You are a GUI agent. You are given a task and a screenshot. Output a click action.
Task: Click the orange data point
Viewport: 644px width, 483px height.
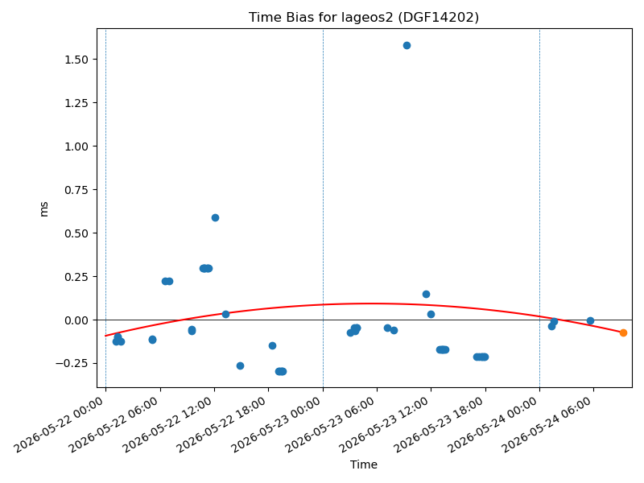coord(623,332)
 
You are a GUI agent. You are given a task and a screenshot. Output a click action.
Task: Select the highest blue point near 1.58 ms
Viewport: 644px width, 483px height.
coord(407,46)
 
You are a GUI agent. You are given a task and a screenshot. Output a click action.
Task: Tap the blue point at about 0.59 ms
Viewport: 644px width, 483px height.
coord(215,217)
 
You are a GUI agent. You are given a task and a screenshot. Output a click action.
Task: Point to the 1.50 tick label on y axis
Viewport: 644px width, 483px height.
coord(76,60)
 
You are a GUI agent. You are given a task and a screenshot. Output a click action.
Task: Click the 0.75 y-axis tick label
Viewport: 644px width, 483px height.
coord(76,190)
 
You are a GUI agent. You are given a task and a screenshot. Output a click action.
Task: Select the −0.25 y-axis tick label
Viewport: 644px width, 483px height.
coord(72,364)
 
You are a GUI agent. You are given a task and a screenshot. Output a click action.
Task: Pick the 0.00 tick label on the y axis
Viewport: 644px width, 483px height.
coord(76,320)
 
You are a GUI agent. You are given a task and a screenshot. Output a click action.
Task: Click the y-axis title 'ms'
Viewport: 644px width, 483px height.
coord(43,209)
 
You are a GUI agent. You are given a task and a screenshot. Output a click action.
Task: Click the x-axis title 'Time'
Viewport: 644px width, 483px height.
coord(364,464)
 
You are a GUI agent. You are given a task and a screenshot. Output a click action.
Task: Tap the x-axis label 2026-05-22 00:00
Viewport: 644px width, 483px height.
coord(59,425)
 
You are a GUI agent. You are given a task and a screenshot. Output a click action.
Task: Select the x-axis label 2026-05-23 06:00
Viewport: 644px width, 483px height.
coord(330,425)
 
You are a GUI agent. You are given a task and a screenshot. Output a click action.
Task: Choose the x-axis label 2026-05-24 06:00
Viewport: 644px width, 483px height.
coord(547,425)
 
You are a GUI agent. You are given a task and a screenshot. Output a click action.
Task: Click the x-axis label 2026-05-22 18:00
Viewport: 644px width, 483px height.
coord(221,425)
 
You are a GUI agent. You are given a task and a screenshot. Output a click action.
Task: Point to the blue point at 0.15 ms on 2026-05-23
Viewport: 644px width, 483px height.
coord(426,294)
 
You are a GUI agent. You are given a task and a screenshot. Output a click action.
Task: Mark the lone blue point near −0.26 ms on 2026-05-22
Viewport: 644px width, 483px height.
coord(240,365)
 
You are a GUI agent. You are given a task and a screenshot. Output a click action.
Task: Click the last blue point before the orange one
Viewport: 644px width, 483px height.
coord(590,320)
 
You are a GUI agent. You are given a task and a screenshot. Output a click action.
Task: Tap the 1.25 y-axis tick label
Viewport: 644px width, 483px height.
coord(76,103)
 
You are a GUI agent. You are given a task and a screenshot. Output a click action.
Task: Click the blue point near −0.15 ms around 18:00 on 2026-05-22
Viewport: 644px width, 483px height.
coord(272,346)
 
